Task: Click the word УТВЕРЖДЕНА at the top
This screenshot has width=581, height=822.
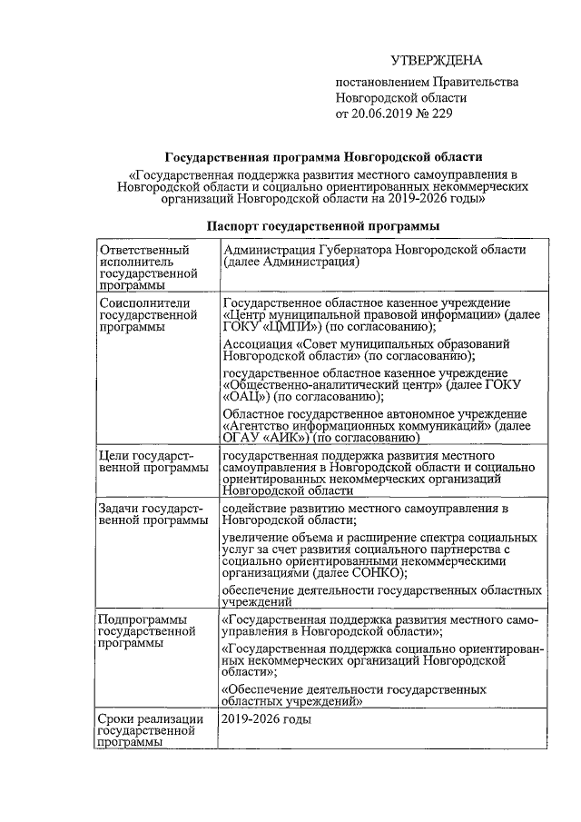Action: pyautogui.click(x=434, y=61)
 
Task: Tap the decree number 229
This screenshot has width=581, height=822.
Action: pyautogui.click(x=440, y=114)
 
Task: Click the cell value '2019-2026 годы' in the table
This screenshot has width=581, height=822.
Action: pyautogui.click(x=266, y=719)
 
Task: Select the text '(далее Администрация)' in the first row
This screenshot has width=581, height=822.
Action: pyautogui.click(x=291, y=262)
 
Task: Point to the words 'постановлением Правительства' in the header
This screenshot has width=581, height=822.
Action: pyautogui.click(x=427, y=82)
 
